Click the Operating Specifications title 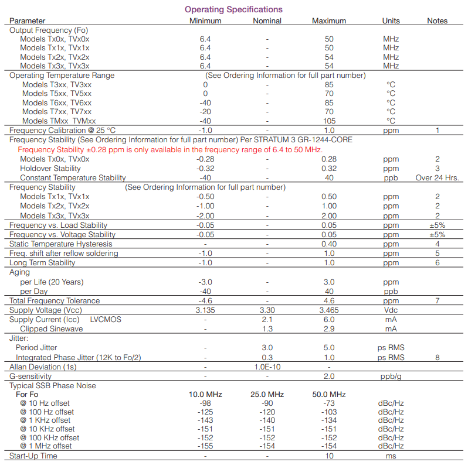(233, 9)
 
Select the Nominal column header (267, 20)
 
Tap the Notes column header (437, 20)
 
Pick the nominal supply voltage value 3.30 (267, 310)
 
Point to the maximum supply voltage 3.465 (329, 310)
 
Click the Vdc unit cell (391, 310)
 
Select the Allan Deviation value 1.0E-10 (267, 367)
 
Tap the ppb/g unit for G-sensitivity (391, 376)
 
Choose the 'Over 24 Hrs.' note (437, 177)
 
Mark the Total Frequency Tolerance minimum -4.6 (205, 300)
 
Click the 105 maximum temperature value (329, 121)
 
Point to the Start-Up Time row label (33, 456)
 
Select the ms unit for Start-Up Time (391, 456)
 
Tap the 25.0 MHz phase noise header (267, 394)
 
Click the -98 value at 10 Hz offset (205, 403)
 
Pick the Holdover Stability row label (50, 168)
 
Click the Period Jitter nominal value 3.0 (267, 347)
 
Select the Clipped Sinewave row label (52, 328)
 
